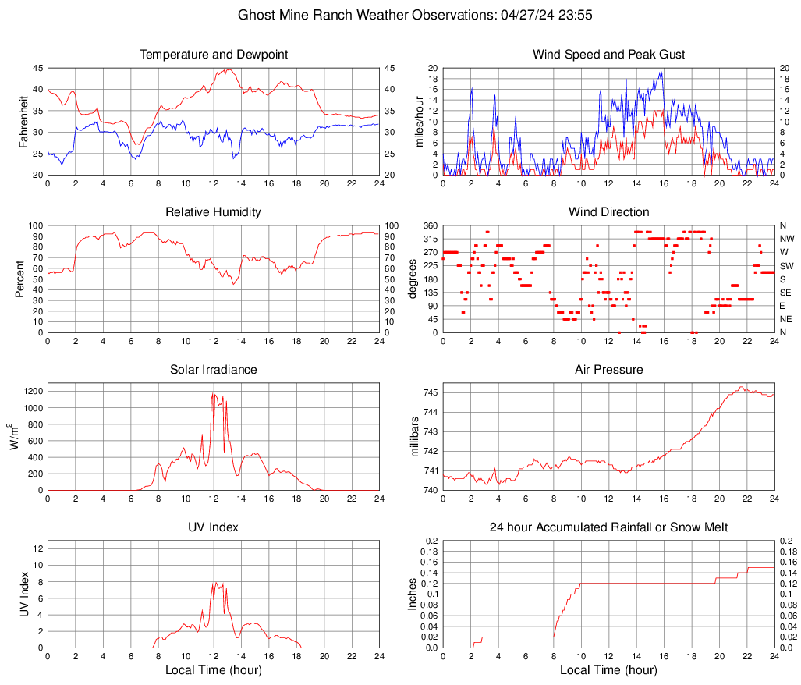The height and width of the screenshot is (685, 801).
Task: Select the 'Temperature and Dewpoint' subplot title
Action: pyautogui.click(x=214, y=55)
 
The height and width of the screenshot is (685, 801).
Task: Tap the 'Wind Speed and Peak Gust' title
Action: pyautogui.click(x=608, y=55)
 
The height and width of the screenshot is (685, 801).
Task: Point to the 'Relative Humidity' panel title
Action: pyautogui.click(x=214, y=212)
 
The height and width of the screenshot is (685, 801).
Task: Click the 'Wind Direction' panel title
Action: pyautogui.click(x=608, y=212)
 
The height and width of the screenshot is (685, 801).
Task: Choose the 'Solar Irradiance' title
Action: pyautogui.click(x=214, y=370)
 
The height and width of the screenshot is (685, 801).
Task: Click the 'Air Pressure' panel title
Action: pyautogui.click(x=608, y=370)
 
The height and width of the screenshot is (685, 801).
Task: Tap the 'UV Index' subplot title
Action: pyautogui.click(x=214, y=527)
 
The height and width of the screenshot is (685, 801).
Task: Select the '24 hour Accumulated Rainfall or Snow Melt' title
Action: pyautogui.click(x=608, y=527)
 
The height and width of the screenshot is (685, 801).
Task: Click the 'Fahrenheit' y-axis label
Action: pyautogui.click(x=23, y=122)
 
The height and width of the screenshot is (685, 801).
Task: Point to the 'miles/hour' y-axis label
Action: pyautogui.click(x=419, y=122)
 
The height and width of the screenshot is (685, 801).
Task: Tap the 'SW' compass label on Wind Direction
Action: pyautogui.click(x=786, y=265)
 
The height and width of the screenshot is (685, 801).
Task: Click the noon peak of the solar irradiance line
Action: pyautogui.click(x=213, y=393)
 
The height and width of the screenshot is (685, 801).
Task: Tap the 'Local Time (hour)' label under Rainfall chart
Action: pyautogui.click(x=608, y=670)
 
